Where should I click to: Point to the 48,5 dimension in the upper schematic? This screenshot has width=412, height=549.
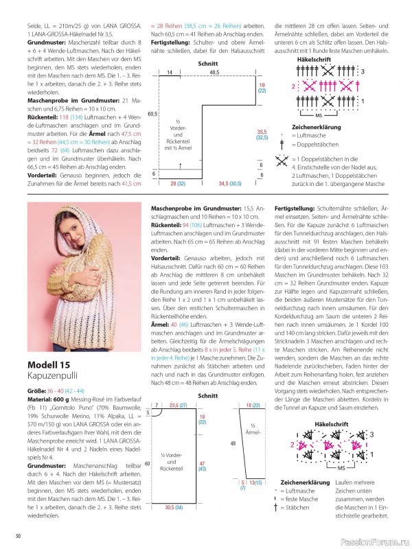tap(214, 71)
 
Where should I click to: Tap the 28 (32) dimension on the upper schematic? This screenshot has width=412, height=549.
tap(177, 185)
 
